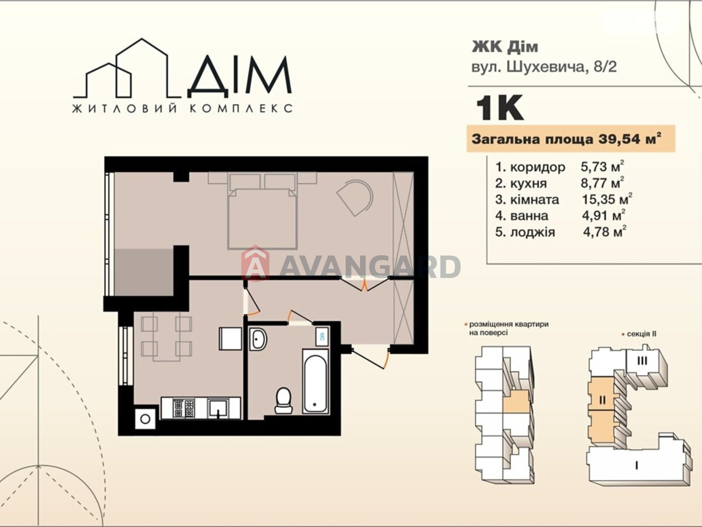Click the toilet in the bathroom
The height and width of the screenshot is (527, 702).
[x=283, y=400]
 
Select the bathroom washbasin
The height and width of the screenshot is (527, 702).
[x=258, y=339]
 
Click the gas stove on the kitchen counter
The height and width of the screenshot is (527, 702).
[x=183, y=408]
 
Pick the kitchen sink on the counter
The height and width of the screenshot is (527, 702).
[x=218, y=408]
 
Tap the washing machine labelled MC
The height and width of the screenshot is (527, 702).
[x=322, y=336]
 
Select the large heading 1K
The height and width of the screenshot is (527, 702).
[x=500, y=108]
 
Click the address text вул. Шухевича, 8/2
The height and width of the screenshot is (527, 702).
[x=544, y=67]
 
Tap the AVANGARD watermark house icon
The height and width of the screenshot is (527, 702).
[x=255, y=263]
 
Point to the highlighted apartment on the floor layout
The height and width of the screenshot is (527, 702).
[x=516, y=401]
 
